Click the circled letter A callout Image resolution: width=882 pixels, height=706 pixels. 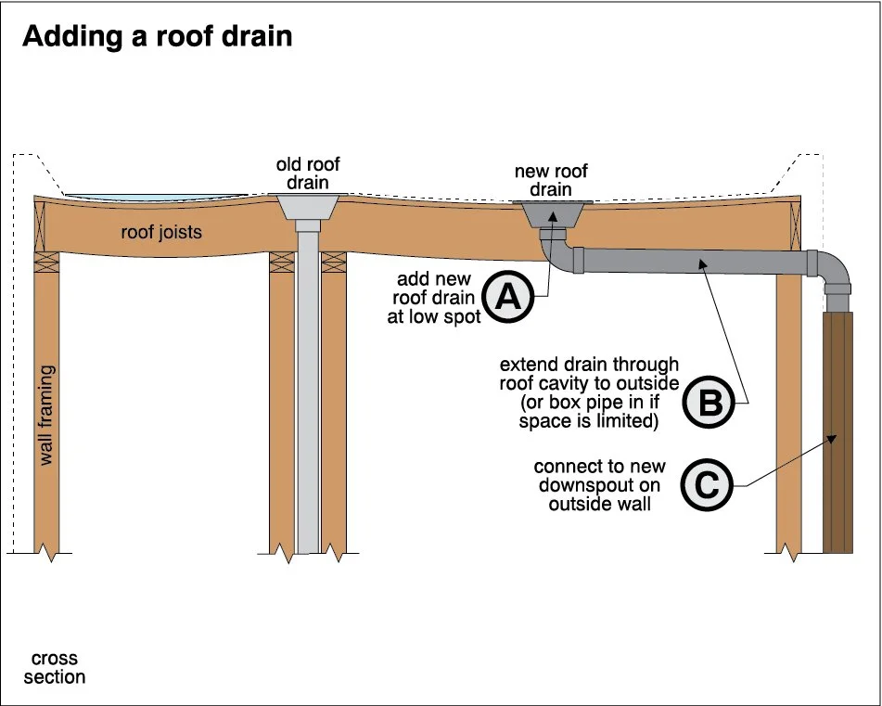point(508,296)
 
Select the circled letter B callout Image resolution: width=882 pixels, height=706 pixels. point(708,402)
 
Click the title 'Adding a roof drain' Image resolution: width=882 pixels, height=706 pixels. point(158,37)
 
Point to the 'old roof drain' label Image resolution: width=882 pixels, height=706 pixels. point(308,173)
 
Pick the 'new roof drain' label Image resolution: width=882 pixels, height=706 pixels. point(551,180)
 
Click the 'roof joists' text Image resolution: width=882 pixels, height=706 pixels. point(161,232)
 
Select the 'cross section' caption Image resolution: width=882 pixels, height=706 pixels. point(55,668)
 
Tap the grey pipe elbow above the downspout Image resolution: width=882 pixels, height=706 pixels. point(831,270)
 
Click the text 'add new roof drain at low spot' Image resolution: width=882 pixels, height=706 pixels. point(434,297)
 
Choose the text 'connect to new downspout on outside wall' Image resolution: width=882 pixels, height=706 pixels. point(599,485)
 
